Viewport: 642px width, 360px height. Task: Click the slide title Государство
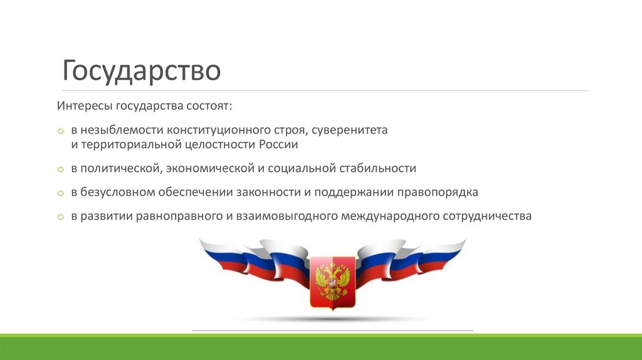[x=141, y=71]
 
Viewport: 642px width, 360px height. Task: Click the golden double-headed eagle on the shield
[x=332, y=280]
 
